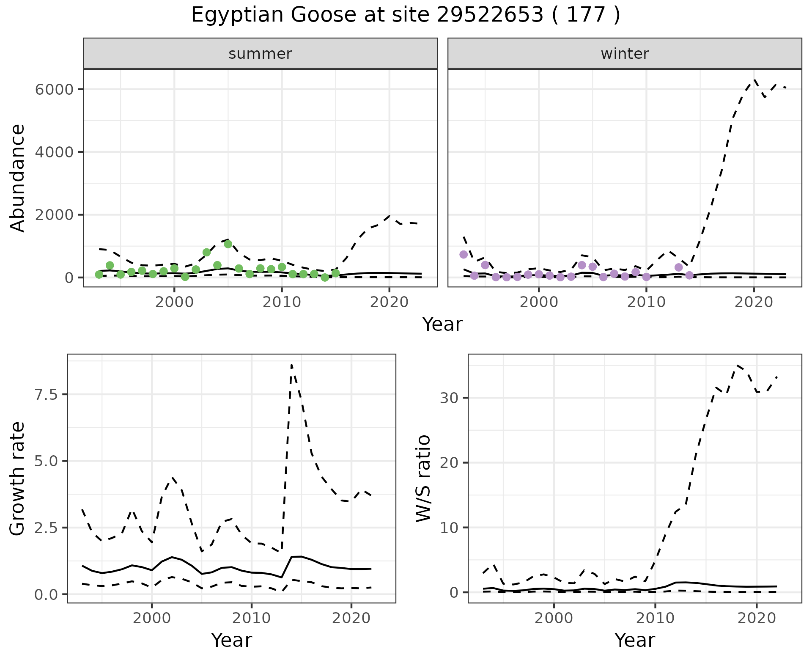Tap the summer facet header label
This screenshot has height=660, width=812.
[x=260, y=54]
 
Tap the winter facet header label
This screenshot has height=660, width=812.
[x=625, y=54]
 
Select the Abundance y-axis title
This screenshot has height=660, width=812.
[x=18, y=178]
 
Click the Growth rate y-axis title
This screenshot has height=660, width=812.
[x=18, y=478]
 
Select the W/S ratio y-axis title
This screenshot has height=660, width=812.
[x=423, y=478]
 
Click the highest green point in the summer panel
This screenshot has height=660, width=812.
[x=228, y=244]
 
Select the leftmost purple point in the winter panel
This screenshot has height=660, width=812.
[x=464, y=254]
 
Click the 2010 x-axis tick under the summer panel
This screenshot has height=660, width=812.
[x=282, y=302]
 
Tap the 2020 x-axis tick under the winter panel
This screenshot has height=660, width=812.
[x=754, y=302]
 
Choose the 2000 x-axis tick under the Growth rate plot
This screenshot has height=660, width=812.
[x=152, y=618]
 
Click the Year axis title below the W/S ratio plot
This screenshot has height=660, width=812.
[x=635, y=640]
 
